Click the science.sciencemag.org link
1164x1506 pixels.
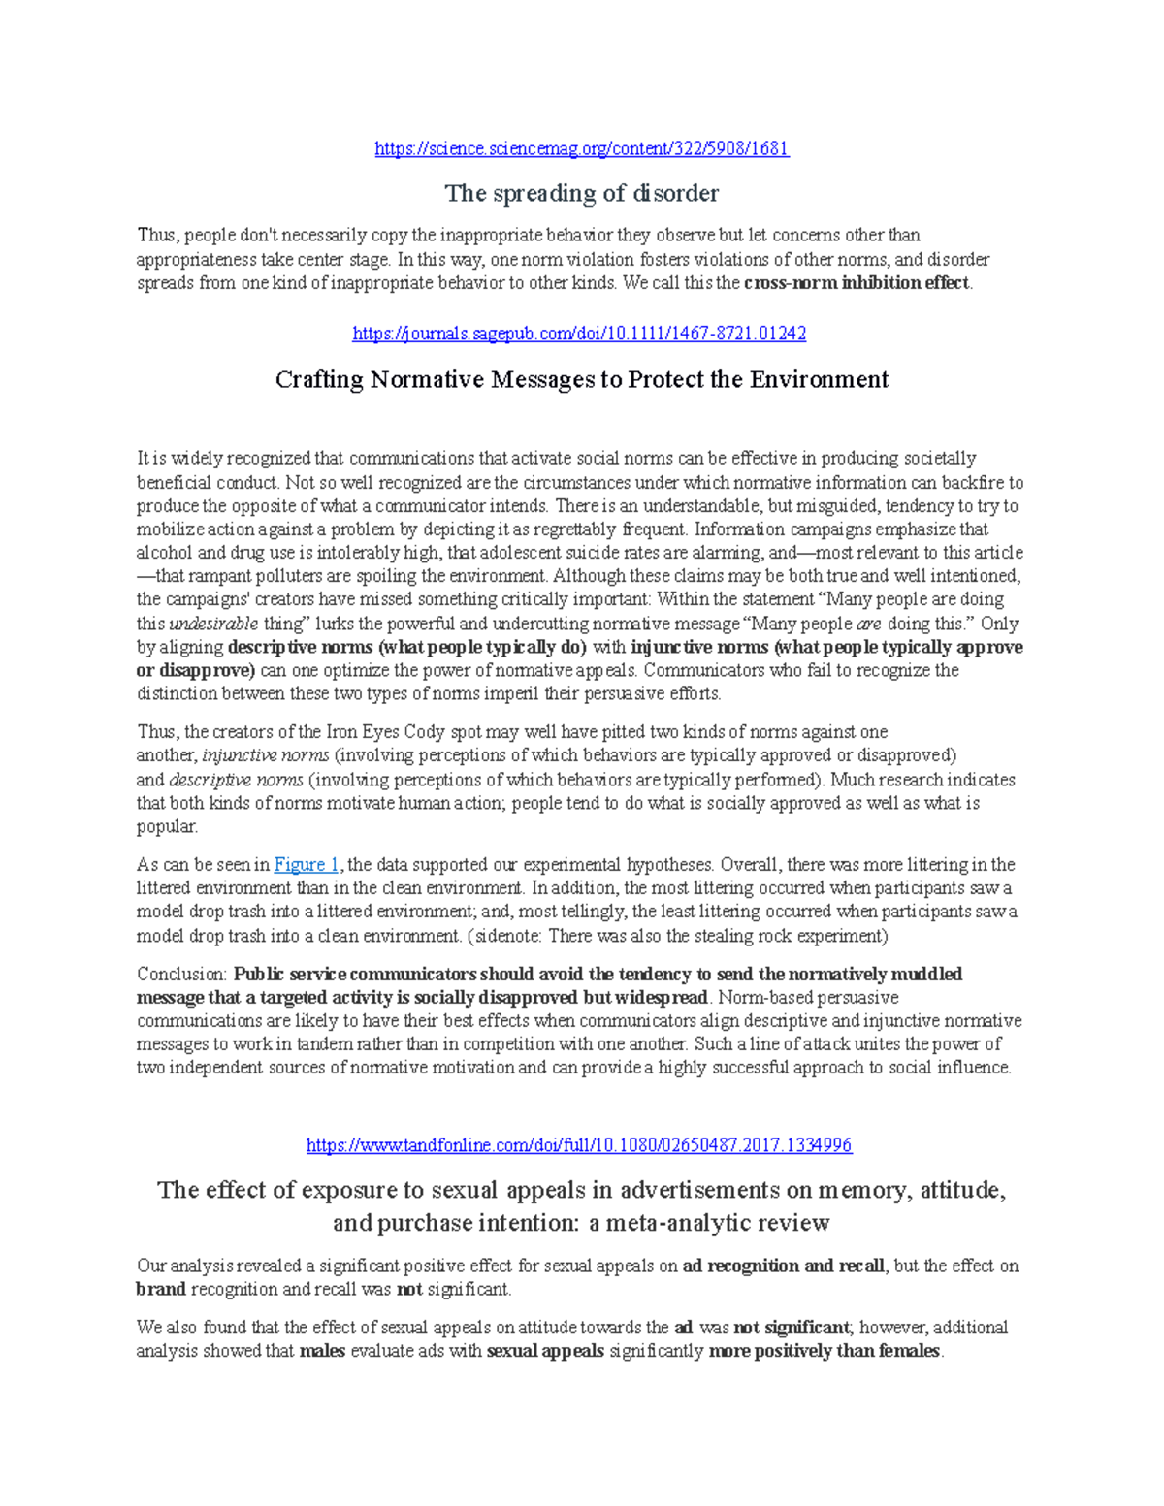[x=581, y=148]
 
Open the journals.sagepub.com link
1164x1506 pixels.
[x=579, y=334]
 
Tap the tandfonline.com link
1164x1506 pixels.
[x=579, y=1145]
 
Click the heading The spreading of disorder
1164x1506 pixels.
[x=581, y=193]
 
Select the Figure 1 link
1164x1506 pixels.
[x=307, y=864]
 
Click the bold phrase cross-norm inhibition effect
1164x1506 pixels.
[x=857, y=283]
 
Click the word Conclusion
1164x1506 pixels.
[x=180, y=974]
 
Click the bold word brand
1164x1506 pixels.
[x=161, y=1289]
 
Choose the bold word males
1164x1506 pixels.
[x=323, y=1351]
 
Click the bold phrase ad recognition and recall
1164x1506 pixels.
[x=784, y=1266]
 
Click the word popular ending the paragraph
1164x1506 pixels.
[x=166, y=826]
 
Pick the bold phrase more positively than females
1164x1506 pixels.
[x=824, y=1351]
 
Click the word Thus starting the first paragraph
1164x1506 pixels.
[x=156, y=236]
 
